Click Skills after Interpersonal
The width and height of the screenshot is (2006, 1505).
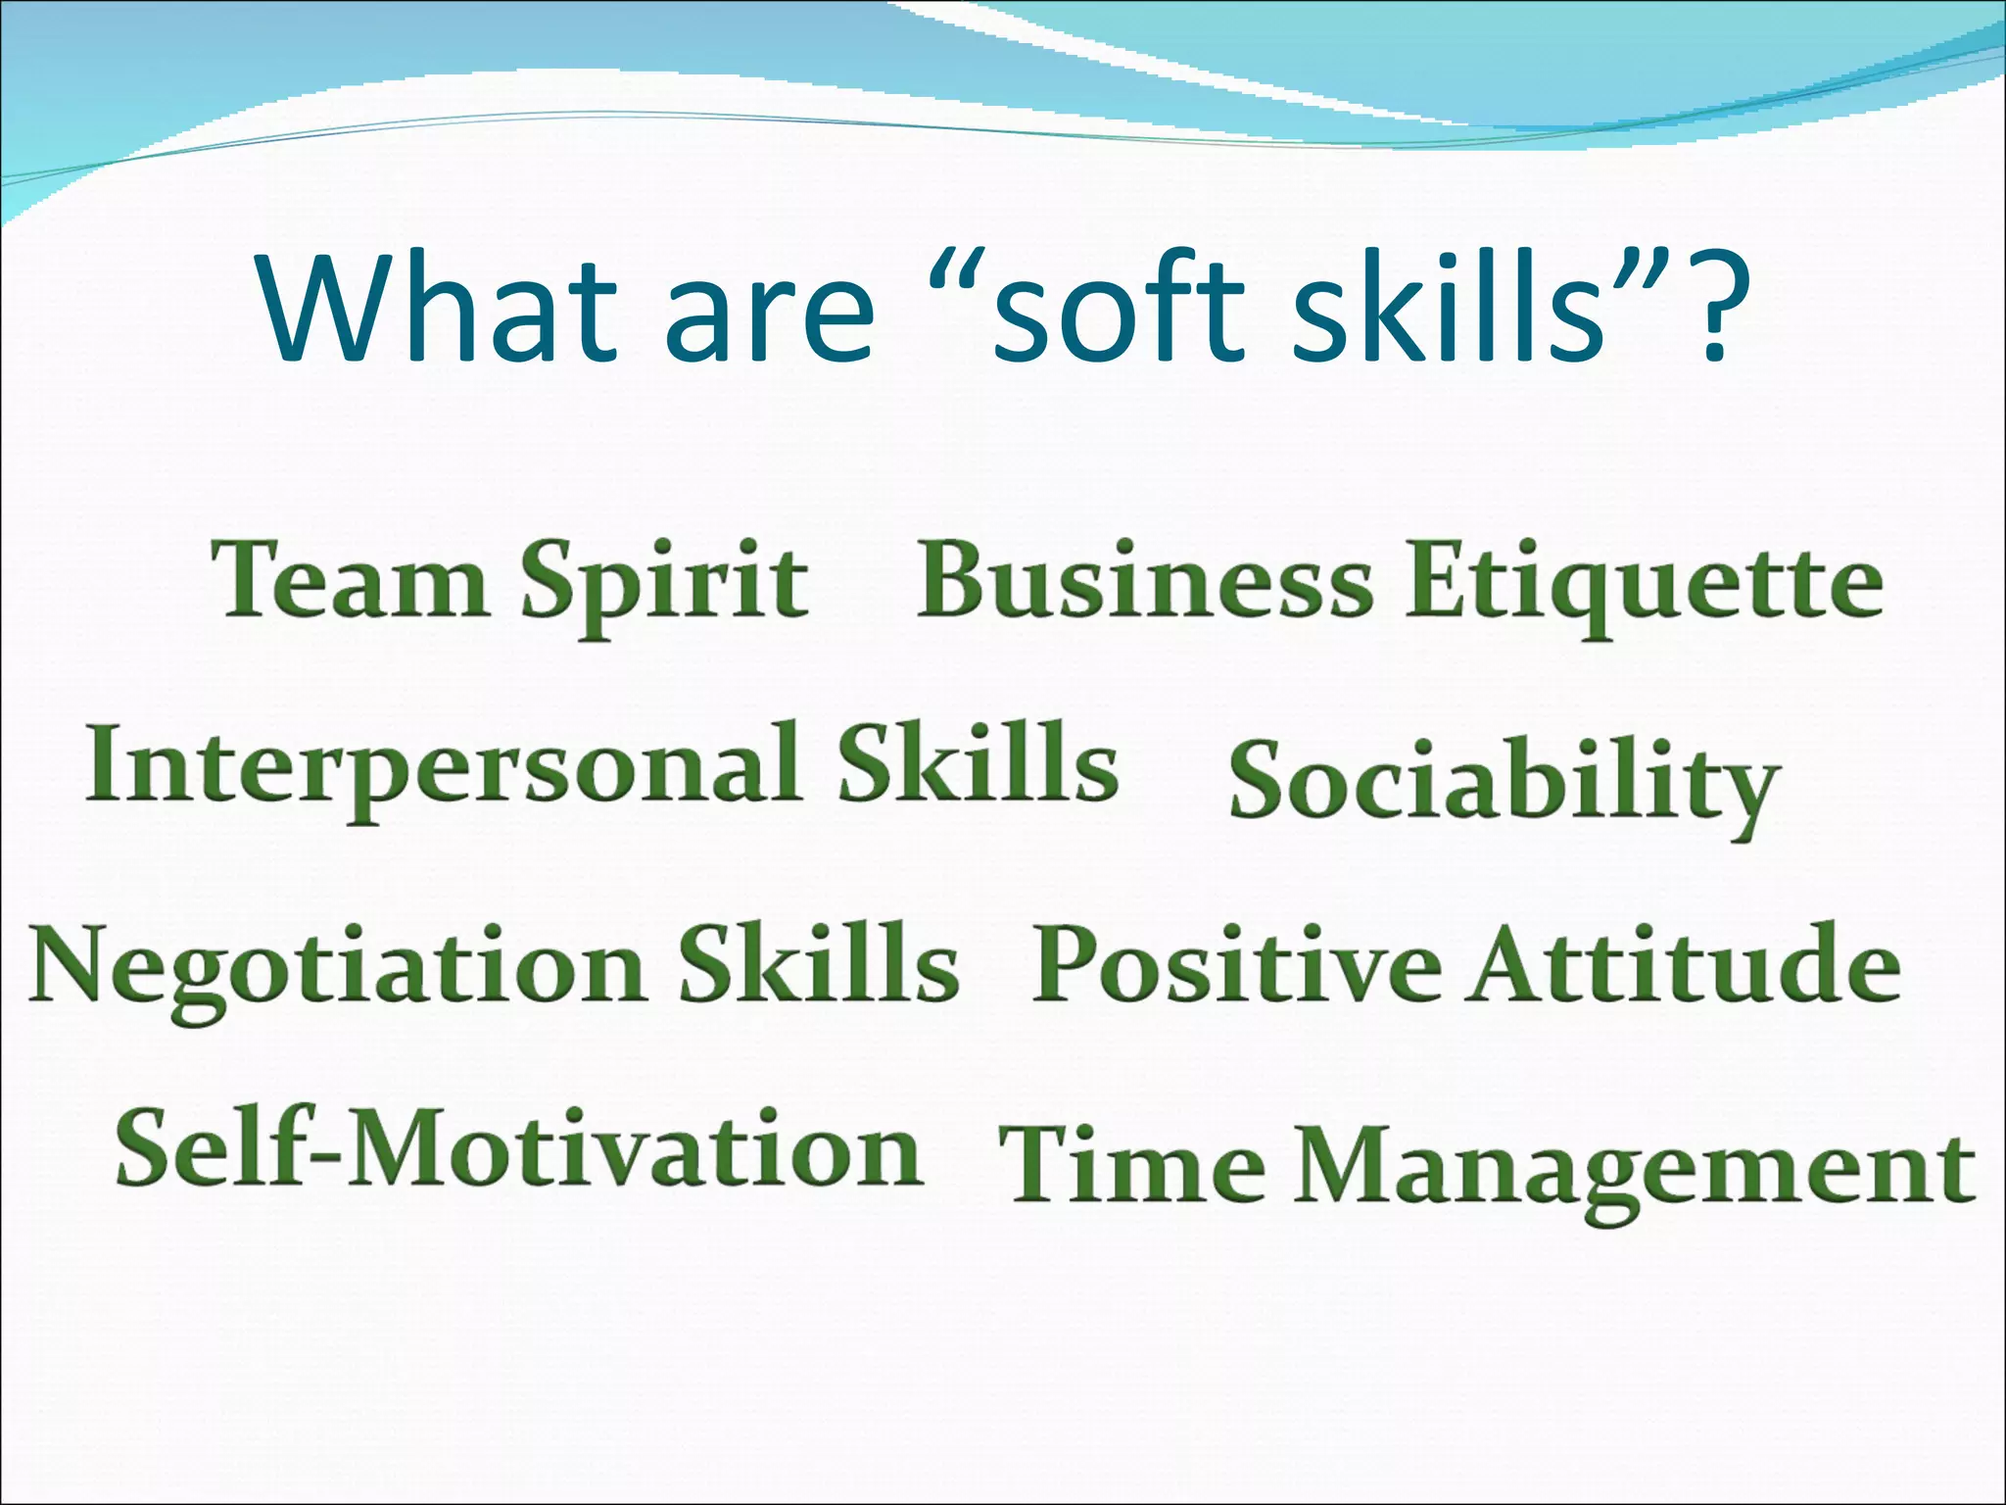(977, 763)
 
